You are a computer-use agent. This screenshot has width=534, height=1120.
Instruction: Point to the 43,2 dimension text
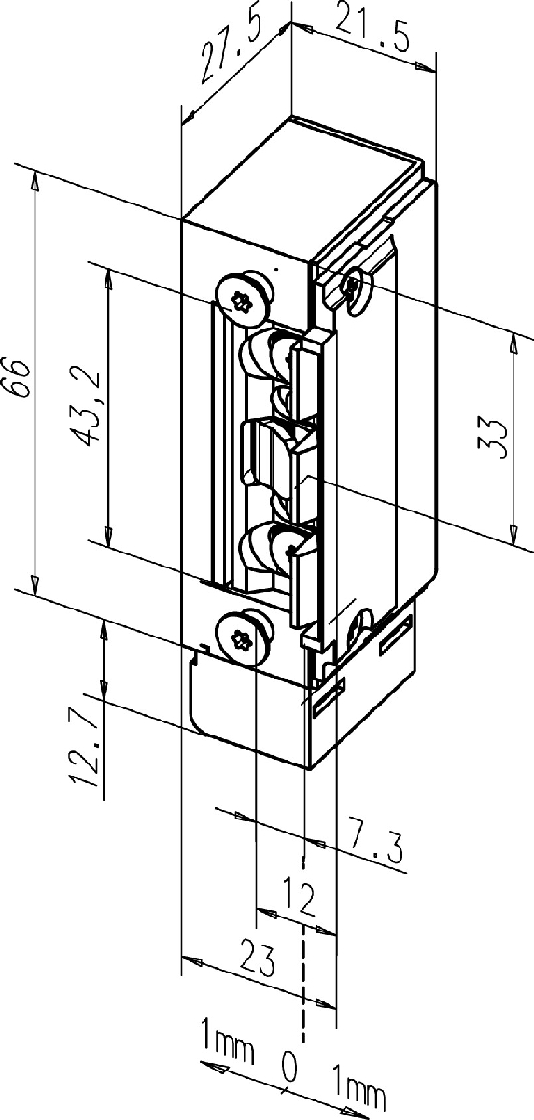tap(88, 409)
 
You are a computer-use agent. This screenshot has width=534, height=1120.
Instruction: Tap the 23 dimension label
tap(258, 958)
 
